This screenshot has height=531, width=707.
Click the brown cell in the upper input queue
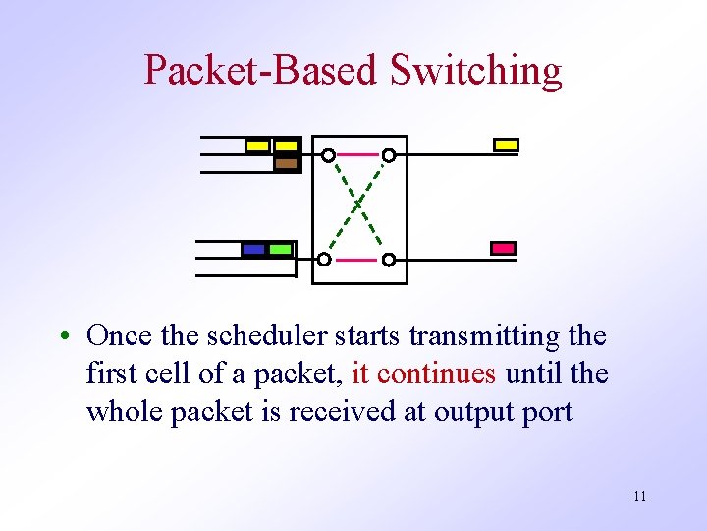[x=286, y=163]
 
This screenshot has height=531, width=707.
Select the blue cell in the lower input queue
[x=254, y=249]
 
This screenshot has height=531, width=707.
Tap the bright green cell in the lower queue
[x=280, y=249]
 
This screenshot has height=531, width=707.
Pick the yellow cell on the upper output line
[x=506, y=146]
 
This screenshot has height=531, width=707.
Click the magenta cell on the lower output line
[x=504, y=248]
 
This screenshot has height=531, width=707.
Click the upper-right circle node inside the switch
[x=389, y=155]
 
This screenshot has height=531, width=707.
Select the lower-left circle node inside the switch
[x=324, y=260]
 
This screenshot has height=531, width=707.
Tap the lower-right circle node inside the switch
[x=389, y=260]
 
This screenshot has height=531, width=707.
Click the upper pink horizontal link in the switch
[x=358, y=154]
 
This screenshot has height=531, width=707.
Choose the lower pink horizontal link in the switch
[x=356, y=260]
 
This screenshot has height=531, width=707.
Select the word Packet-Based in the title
[x=261, y=71]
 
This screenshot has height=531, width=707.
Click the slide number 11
[x=640, y=496]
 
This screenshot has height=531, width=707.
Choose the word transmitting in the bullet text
[x=485, y=336]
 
